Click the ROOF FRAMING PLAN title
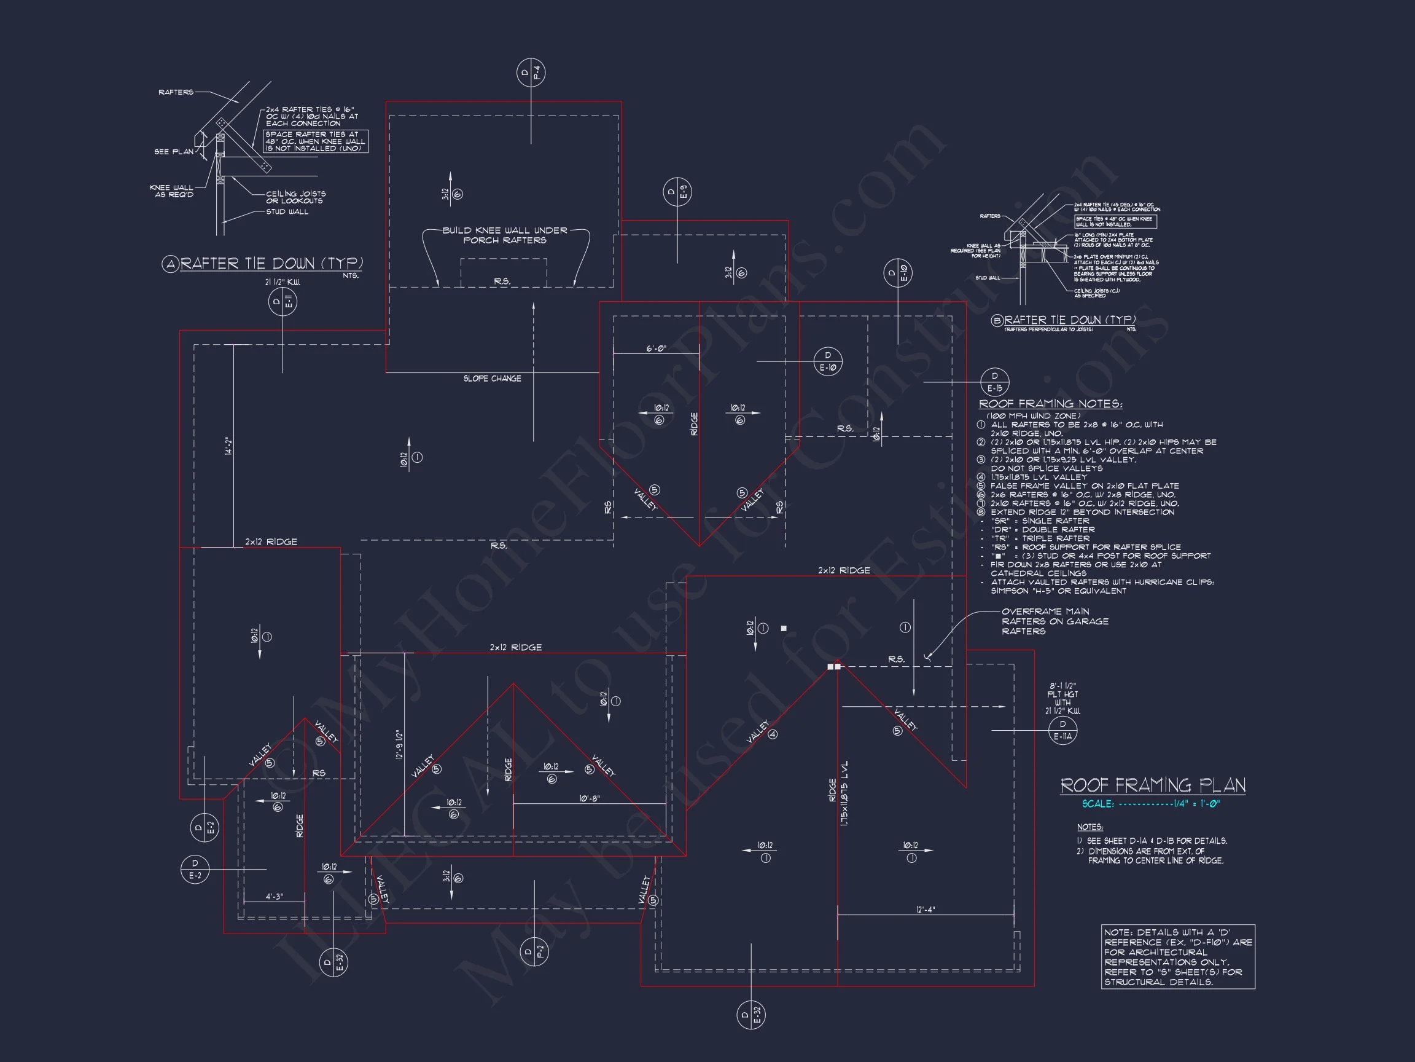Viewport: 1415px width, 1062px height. point(1153,785)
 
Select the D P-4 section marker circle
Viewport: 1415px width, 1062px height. point(530,73)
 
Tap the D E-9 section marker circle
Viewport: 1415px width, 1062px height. point(677,191)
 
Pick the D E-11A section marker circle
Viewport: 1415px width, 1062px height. point(1062,730)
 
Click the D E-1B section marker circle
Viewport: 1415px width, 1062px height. point(994,382)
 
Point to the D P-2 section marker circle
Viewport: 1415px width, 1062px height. point(534,951)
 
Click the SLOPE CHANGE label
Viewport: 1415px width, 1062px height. point(492,379)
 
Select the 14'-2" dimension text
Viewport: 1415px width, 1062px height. point(227,446)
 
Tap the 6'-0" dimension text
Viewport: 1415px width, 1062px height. point(656,349)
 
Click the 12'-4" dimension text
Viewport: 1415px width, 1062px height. point(925,910)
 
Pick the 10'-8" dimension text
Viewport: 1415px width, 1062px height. point(589,798)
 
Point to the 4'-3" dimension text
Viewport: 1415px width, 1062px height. point(274,897)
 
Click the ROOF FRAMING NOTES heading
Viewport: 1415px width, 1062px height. point(1050,404)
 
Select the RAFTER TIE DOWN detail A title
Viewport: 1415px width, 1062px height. point(271,264)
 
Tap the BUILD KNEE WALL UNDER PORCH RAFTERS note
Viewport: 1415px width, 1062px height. point(505,235)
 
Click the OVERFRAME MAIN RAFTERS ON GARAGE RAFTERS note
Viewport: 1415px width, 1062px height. point(1055,621)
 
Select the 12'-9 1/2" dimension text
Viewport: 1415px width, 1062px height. point(399,744)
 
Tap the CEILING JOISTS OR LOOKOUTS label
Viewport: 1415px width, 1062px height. point(295,197)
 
